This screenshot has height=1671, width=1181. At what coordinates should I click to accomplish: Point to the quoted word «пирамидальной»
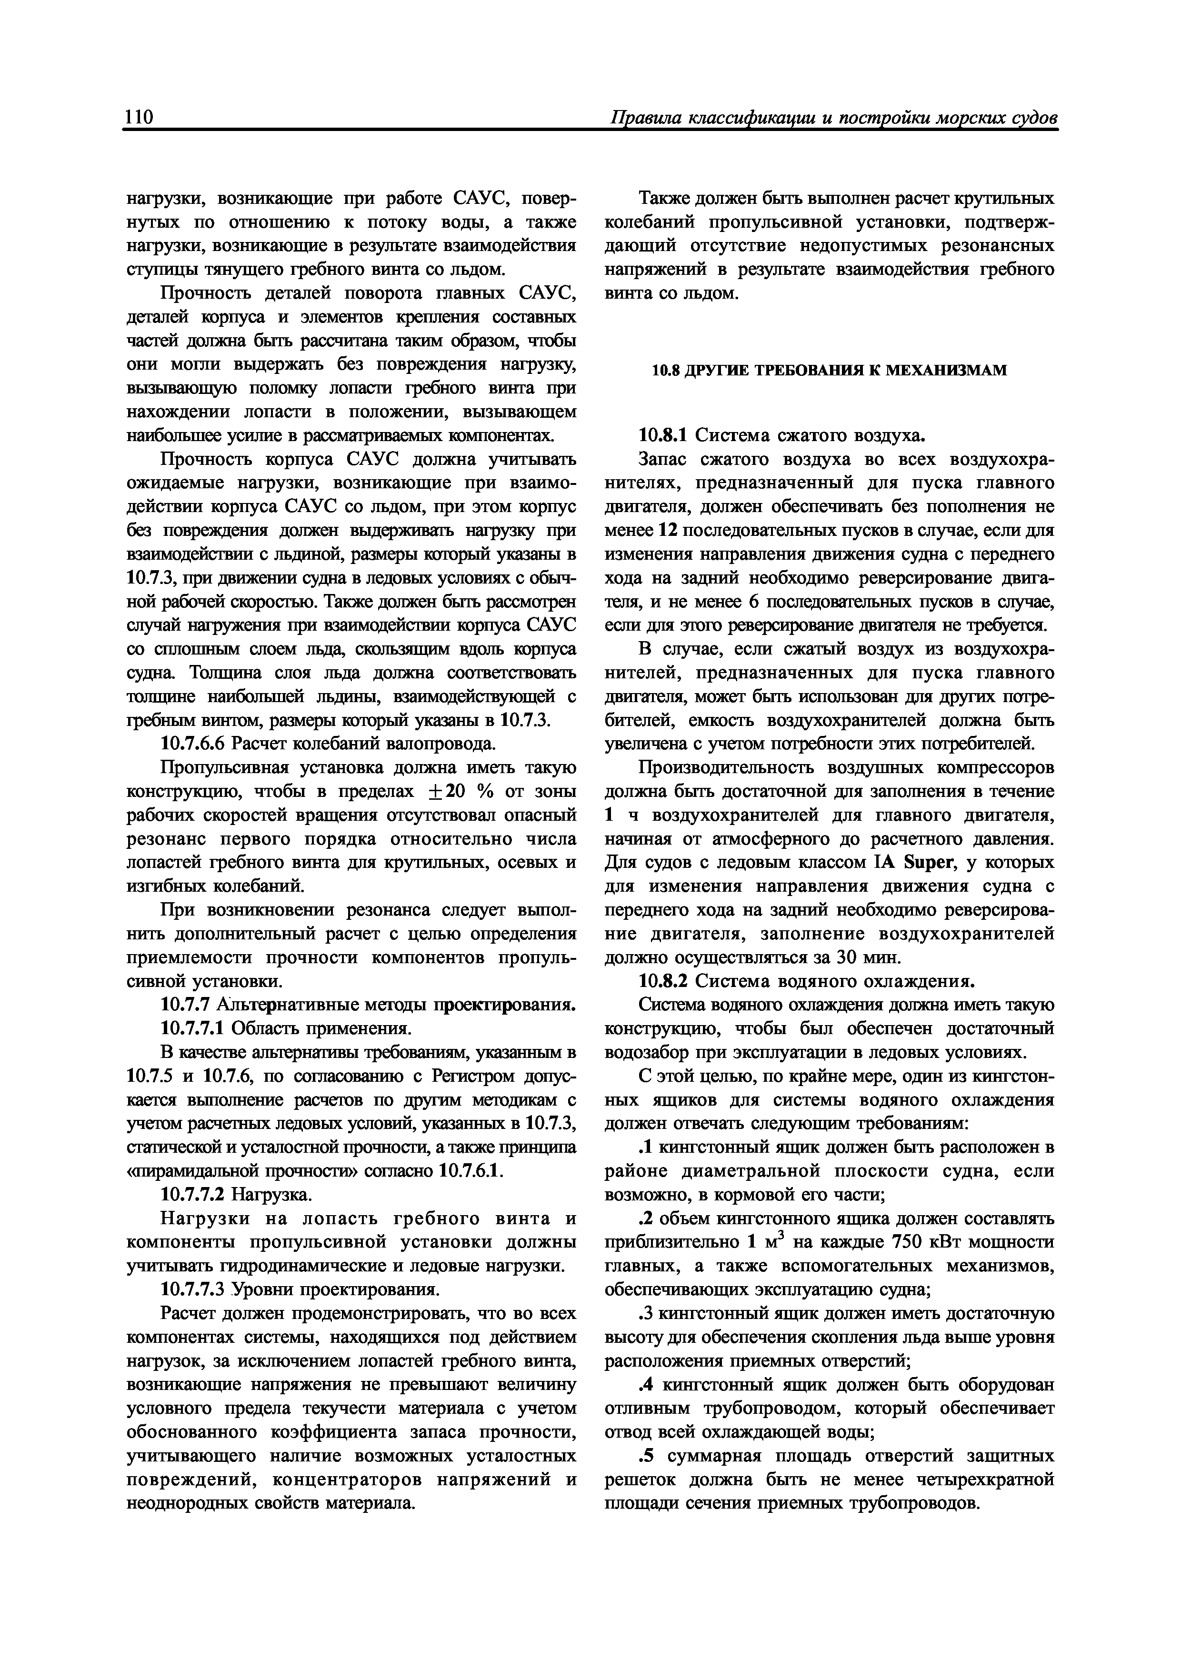point(182,1171)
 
